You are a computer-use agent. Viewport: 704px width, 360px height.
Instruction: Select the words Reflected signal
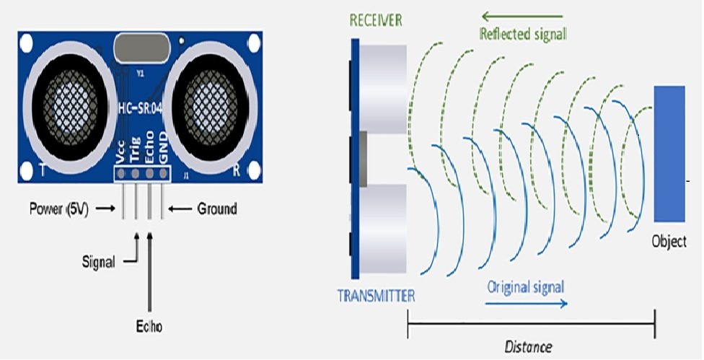[524, 33]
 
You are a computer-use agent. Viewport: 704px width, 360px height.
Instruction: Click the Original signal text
[526, 286]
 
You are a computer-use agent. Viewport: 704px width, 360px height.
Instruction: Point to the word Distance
[528, 347]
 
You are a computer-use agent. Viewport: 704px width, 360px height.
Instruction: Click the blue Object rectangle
[669, 153]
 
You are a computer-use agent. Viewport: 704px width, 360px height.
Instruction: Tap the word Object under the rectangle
[669, 242]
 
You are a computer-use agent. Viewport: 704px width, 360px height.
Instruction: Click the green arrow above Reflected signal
[523, 15]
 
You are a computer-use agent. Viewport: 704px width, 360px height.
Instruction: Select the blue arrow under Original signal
[527, 303]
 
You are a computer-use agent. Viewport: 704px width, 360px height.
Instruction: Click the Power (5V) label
[58, 209]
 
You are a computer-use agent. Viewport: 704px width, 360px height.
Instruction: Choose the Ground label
[216, 209]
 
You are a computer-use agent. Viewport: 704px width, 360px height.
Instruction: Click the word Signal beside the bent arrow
[98, 263]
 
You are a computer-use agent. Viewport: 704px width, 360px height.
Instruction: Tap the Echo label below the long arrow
[149, 326]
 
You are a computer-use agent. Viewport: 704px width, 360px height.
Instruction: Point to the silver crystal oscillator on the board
[141, 50]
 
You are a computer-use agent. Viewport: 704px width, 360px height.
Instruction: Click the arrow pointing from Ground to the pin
[178, 209]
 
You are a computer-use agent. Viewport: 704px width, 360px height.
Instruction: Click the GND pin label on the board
[164, 149]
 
